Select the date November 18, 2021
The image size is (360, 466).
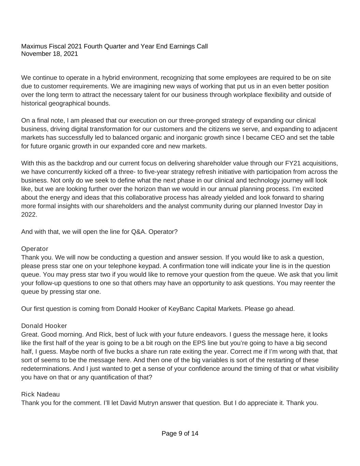coord(49,54)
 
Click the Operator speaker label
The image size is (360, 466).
coord(34,249)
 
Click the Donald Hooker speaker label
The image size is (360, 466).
coord(44,326)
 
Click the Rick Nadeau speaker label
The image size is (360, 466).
coord(40,394)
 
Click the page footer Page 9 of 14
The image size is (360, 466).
coord(180,434)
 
